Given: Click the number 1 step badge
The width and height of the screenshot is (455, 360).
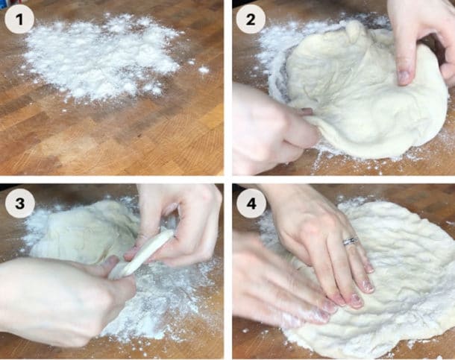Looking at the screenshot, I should [19, 20].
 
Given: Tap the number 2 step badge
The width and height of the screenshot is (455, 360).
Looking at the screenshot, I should [250, 20].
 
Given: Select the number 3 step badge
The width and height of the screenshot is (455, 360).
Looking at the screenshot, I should [19, 203].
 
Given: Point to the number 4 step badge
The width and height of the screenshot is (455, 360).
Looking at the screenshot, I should [250, 203].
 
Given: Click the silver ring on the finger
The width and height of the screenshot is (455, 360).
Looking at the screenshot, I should [350, 241].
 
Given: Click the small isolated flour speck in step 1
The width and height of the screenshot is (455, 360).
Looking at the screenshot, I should [204, 70].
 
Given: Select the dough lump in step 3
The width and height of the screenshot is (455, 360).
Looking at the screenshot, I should [82, 231].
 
